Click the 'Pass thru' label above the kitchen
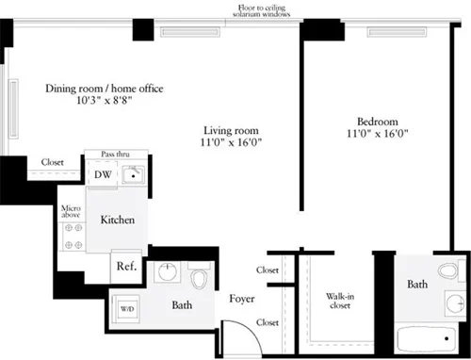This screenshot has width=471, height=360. click(116, 152)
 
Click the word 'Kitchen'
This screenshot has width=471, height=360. click(118, 220)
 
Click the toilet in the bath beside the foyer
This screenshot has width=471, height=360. click(199, 281)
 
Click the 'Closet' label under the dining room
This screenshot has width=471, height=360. click(52, 162)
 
